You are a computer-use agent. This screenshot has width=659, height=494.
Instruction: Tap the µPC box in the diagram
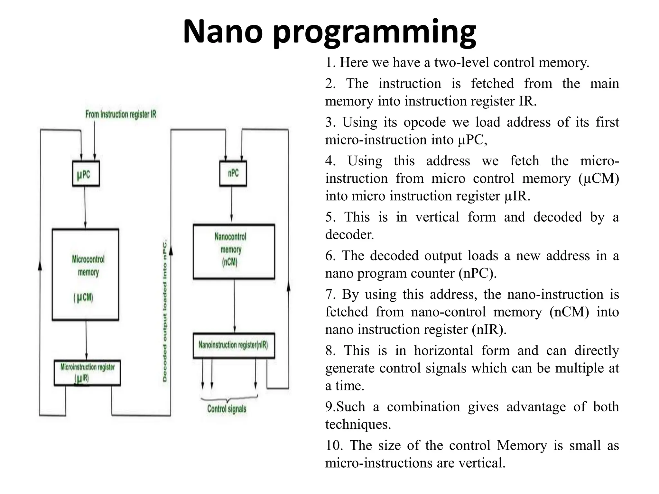(x=86, y=174)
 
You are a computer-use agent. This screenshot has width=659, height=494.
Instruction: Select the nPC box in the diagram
(x=233, y=173)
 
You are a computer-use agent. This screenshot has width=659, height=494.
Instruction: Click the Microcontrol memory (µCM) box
(x=86, y=274)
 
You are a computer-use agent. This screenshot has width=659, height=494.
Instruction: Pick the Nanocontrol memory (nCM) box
(x=234, y=252)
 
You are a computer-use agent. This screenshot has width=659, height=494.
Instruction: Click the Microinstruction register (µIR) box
(x=87, y=372)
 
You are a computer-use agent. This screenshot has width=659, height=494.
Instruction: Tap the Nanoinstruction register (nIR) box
(x=234, y=345)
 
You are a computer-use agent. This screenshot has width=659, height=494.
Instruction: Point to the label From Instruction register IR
(x=121, y=114)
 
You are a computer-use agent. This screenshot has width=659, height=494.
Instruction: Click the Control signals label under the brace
(x=227, y=409)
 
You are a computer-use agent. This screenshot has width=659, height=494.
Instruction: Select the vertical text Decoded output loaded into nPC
(x=165, y=310)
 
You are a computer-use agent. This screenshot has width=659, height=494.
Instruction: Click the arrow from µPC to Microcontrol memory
(x=85, y=207)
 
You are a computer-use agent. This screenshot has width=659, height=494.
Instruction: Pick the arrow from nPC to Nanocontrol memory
(x=231, y=205)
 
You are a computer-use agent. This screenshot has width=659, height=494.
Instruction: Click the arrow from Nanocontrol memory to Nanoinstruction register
(x=234, y=306)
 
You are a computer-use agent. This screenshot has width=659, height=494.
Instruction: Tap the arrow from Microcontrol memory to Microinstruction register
(x=86, y=340)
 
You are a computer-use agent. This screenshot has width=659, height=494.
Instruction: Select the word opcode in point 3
(x=424, y=122)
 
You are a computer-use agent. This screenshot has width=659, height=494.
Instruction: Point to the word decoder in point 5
(x=349, y=234)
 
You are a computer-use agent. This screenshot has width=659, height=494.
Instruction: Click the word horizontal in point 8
(x=443, y=350)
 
